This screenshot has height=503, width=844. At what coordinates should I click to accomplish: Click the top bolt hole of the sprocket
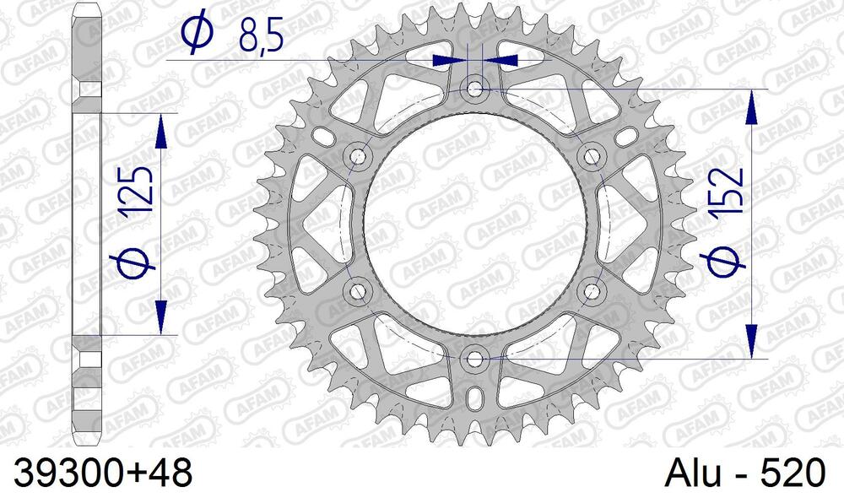coord(474,89)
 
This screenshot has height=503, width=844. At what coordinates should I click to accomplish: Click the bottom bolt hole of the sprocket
coord(474,360)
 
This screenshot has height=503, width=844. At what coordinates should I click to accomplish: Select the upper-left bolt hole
coord(358,155)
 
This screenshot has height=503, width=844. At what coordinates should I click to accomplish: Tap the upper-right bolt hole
coord(590,155)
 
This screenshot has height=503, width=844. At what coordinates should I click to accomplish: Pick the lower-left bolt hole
coord(358,292)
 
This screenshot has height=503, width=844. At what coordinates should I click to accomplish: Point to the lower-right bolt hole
coord(590,292)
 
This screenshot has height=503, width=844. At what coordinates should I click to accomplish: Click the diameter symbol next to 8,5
coord(197,34)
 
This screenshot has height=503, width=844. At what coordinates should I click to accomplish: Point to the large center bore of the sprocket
coord(474,224)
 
